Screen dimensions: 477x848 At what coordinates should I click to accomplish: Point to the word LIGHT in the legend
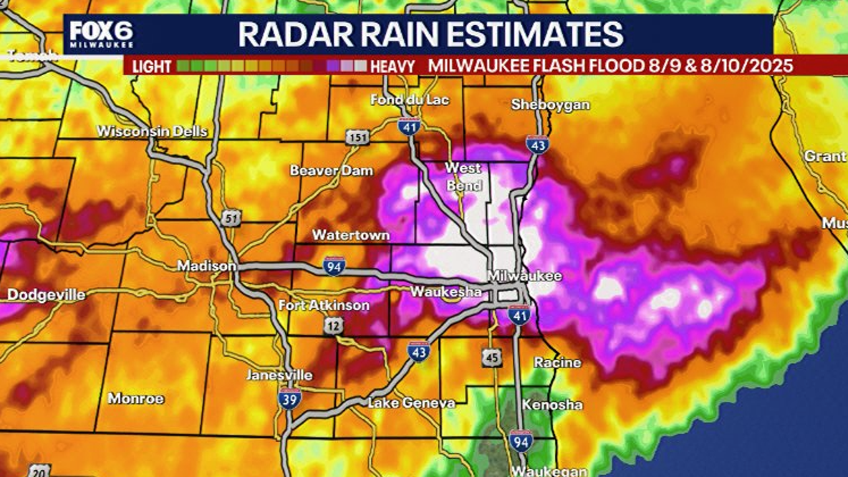[152, 67]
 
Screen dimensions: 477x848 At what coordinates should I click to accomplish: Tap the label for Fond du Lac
[409, 100]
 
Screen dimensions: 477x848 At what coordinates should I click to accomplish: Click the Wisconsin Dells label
[152, 131]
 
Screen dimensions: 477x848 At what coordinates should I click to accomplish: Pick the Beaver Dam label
[332, 170]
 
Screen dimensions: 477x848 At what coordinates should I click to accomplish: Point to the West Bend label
[463, 176]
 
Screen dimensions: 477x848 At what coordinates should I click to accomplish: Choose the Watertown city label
[351, 235]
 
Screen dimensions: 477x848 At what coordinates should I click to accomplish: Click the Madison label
[206, 266]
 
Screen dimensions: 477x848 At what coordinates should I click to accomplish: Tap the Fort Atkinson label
[324, 306]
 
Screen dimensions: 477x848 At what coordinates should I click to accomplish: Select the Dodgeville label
[46, 295]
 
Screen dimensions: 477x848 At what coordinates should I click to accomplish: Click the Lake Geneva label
[411, 403]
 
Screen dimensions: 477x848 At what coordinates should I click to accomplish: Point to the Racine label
[557, 362]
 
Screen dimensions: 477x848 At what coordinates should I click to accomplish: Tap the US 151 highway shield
[355, 138]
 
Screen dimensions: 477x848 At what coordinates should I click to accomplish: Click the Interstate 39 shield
[290, 398]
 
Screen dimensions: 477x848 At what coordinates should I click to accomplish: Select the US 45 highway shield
[491, 357]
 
